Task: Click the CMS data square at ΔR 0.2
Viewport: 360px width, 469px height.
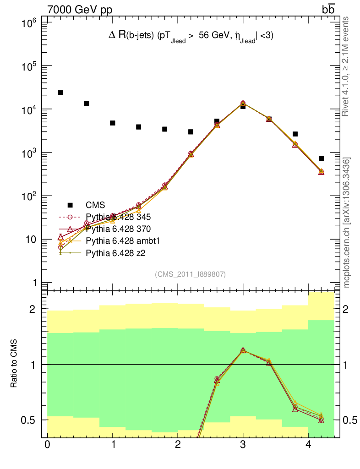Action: (60, 93)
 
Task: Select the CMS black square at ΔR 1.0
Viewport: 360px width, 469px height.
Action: (113, 123)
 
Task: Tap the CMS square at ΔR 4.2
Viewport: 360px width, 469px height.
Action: (321, 159)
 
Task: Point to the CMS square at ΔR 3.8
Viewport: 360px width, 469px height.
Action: (295, 134)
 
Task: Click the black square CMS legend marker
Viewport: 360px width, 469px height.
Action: (70, 205)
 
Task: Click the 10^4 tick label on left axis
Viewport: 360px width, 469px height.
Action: (32, 109)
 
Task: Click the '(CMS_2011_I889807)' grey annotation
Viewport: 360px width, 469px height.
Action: (190, 274)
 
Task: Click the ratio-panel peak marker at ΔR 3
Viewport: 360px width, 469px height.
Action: (243, 350)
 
